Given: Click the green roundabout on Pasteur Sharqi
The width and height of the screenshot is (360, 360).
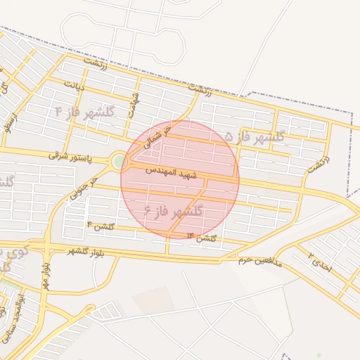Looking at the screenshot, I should (119, 162).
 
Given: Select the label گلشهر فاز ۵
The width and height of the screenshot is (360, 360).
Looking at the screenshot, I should (255, 136).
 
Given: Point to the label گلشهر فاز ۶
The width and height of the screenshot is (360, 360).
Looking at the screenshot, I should (173, 210).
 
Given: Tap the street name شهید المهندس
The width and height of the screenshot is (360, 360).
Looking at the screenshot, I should (172, 173).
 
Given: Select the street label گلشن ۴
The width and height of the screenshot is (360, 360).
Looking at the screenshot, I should (100, 225).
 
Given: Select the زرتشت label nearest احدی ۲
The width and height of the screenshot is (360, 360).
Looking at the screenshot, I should (317, 166).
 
